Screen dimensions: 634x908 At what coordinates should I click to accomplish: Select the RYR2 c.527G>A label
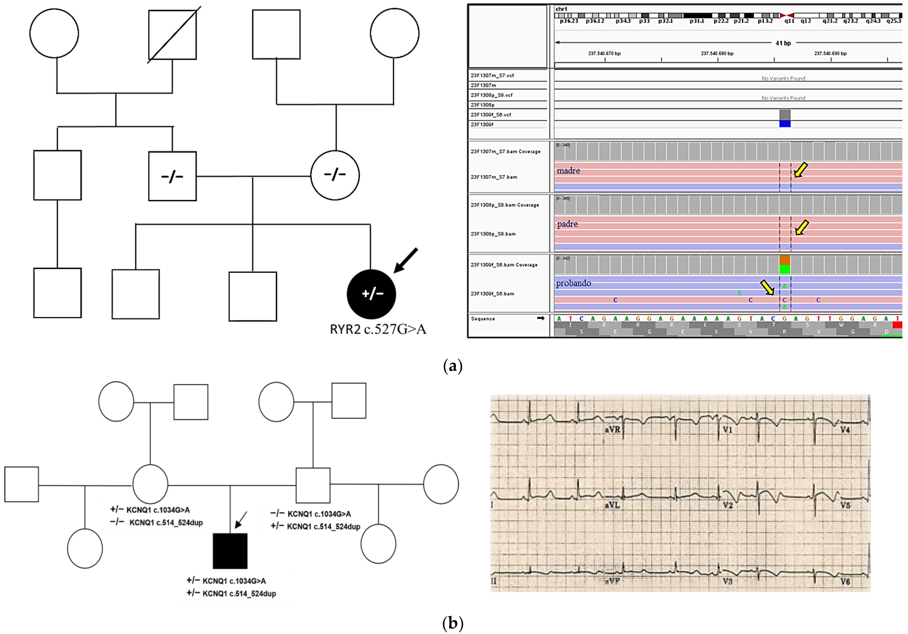[378, 329]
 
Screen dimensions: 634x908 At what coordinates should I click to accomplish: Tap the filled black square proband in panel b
[230, 551]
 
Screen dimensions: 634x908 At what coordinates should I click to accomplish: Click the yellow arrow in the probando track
[768, 287]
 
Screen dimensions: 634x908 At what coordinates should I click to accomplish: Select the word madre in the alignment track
[568, 171]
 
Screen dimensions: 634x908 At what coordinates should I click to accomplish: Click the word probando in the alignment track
[574, 283]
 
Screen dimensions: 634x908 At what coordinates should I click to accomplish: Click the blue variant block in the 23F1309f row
[785, 124]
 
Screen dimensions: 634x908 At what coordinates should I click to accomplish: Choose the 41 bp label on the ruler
[783, 43]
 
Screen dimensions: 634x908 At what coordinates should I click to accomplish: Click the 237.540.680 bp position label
[717, 54]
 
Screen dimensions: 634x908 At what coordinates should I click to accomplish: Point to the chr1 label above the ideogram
[561, 9]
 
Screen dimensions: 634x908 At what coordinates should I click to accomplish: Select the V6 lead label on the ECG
[845, 581]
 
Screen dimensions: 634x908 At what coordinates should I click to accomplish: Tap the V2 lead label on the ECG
[728, 505]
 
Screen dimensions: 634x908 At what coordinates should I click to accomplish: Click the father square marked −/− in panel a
[172, 176]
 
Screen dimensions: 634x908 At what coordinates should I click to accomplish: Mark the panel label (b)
[453, 623]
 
